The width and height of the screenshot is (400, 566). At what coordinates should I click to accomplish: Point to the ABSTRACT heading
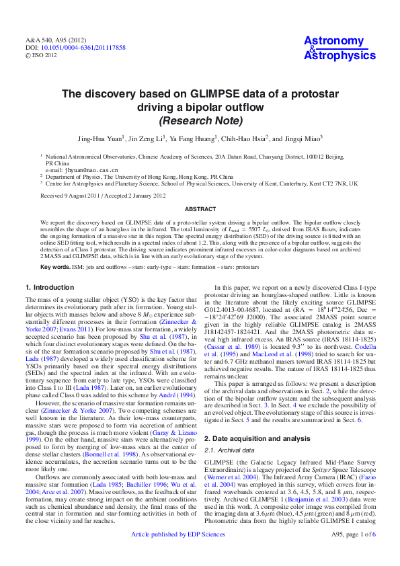pos(200,209)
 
